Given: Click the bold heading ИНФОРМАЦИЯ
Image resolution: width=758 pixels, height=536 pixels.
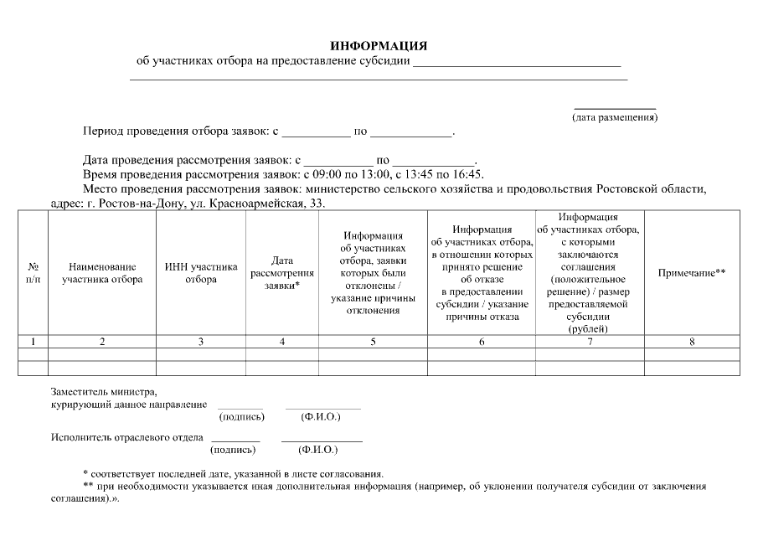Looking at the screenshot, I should (x=379, y=45).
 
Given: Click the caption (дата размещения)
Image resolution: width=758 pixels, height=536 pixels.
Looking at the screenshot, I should (x=614, y=117).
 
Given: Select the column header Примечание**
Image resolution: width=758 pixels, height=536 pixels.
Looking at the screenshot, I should (x=692, y=273).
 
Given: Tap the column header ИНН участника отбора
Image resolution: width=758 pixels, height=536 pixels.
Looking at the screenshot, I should (x=201, y=273).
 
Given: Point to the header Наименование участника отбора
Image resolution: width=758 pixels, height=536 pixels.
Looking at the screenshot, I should (x=102, y=273).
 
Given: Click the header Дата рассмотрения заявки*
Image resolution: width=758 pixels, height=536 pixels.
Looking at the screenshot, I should (x=281, y=273).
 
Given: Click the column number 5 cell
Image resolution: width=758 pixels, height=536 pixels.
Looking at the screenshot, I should (x=373, y=342).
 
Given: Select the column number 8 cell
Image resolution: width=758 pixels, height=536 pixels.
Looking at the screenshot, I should (x=692, y=342).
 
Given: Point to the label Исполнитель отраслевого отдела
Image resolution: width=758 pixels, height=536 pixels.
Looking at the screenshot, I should (x=126, y=437).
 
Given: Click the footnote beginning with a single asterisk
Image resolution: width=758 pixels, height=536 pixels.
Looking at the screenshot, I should (x=234, y=474).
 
